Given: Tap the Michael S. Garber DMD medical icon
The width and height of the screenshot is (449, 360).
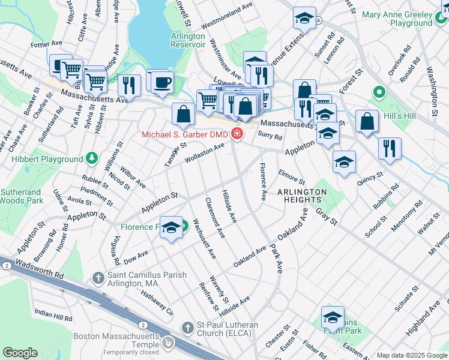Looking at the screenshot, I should [238, 134].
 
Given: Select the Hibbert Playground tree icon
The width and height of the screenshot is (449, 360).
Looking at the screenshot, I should [92, 159].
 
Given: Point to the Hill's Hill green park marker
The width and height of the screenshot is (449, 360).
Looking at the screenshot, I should [379, 93].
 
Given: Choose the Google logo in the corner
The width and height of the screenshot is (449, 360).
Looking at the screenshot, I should [20, 353].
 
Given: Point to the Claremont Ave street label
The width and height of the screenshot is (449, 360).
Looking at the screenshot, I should [214, 217].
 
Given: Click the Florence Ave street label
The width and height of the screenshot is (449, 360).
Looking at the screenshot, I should [263, 182].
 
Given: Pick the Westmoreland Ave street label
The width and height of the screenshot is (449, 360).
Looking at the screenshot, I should [227, 16].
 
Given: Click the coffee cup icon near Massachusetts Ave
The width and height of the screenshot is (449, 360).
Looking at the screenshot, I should [161, 81].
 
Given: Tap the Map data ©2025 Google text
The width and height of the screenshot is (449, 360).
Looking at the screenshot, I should [412, 355].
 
